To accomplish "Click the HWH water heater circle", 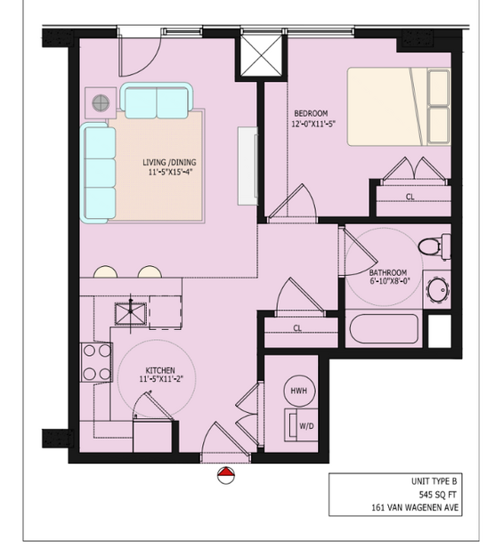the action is (x=299, y=391).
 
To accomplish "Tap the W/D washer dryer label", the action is (x=306, y=426).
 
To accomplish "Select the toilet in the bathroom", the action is (x=434, y=246).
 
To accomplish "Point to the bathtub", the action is (x=384, y=328).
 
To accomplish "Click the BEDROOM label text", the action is (x=311, y=114).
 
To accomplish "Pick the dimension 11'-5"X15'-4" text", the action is (x=168, y=173).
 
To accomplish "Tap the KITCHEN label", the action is (x=160, y=370).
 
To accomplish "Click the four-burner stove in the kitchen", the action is (x=96, y=362).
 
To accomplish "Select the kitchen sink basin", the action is (x=131, y=314).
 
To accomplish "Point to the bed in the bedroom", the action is (x=399, y=107).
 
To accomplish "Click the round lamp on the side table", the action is (x=101, y=103).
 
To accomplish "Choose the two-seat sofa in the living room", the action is (x=157, y=101).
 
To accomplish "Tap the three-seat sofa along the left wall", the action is (x=98, y=173).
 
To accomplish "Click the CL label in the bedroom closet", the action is (x=410, y=197).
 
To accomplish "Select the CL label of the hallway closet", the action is (x=297, y=328).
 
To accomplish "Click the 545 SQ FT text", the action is (x=438, y=495).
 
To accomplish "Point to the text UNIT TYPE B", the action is (x=434, y=481).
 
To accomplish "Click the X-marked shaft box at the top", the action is (x=261, y=55).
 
